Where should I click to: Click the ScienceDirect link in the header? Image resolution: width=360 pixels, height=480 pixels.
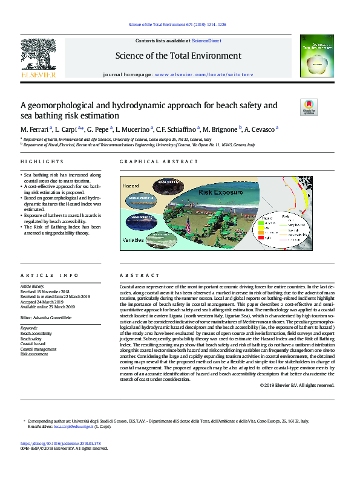tap(206, 41)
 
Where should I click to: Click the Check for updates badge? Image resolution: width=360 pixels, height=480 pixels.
tap(309, 108)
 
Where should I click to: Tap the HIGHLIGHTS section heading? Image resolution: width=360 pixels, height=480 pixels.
tap(42, 162)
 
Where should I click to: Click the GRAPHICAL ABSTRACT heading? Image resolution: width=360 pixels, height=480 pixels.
tap(159, 162)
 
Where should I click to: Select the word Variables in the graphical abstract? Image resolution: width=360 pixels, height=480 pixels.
tap(134, 239)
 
